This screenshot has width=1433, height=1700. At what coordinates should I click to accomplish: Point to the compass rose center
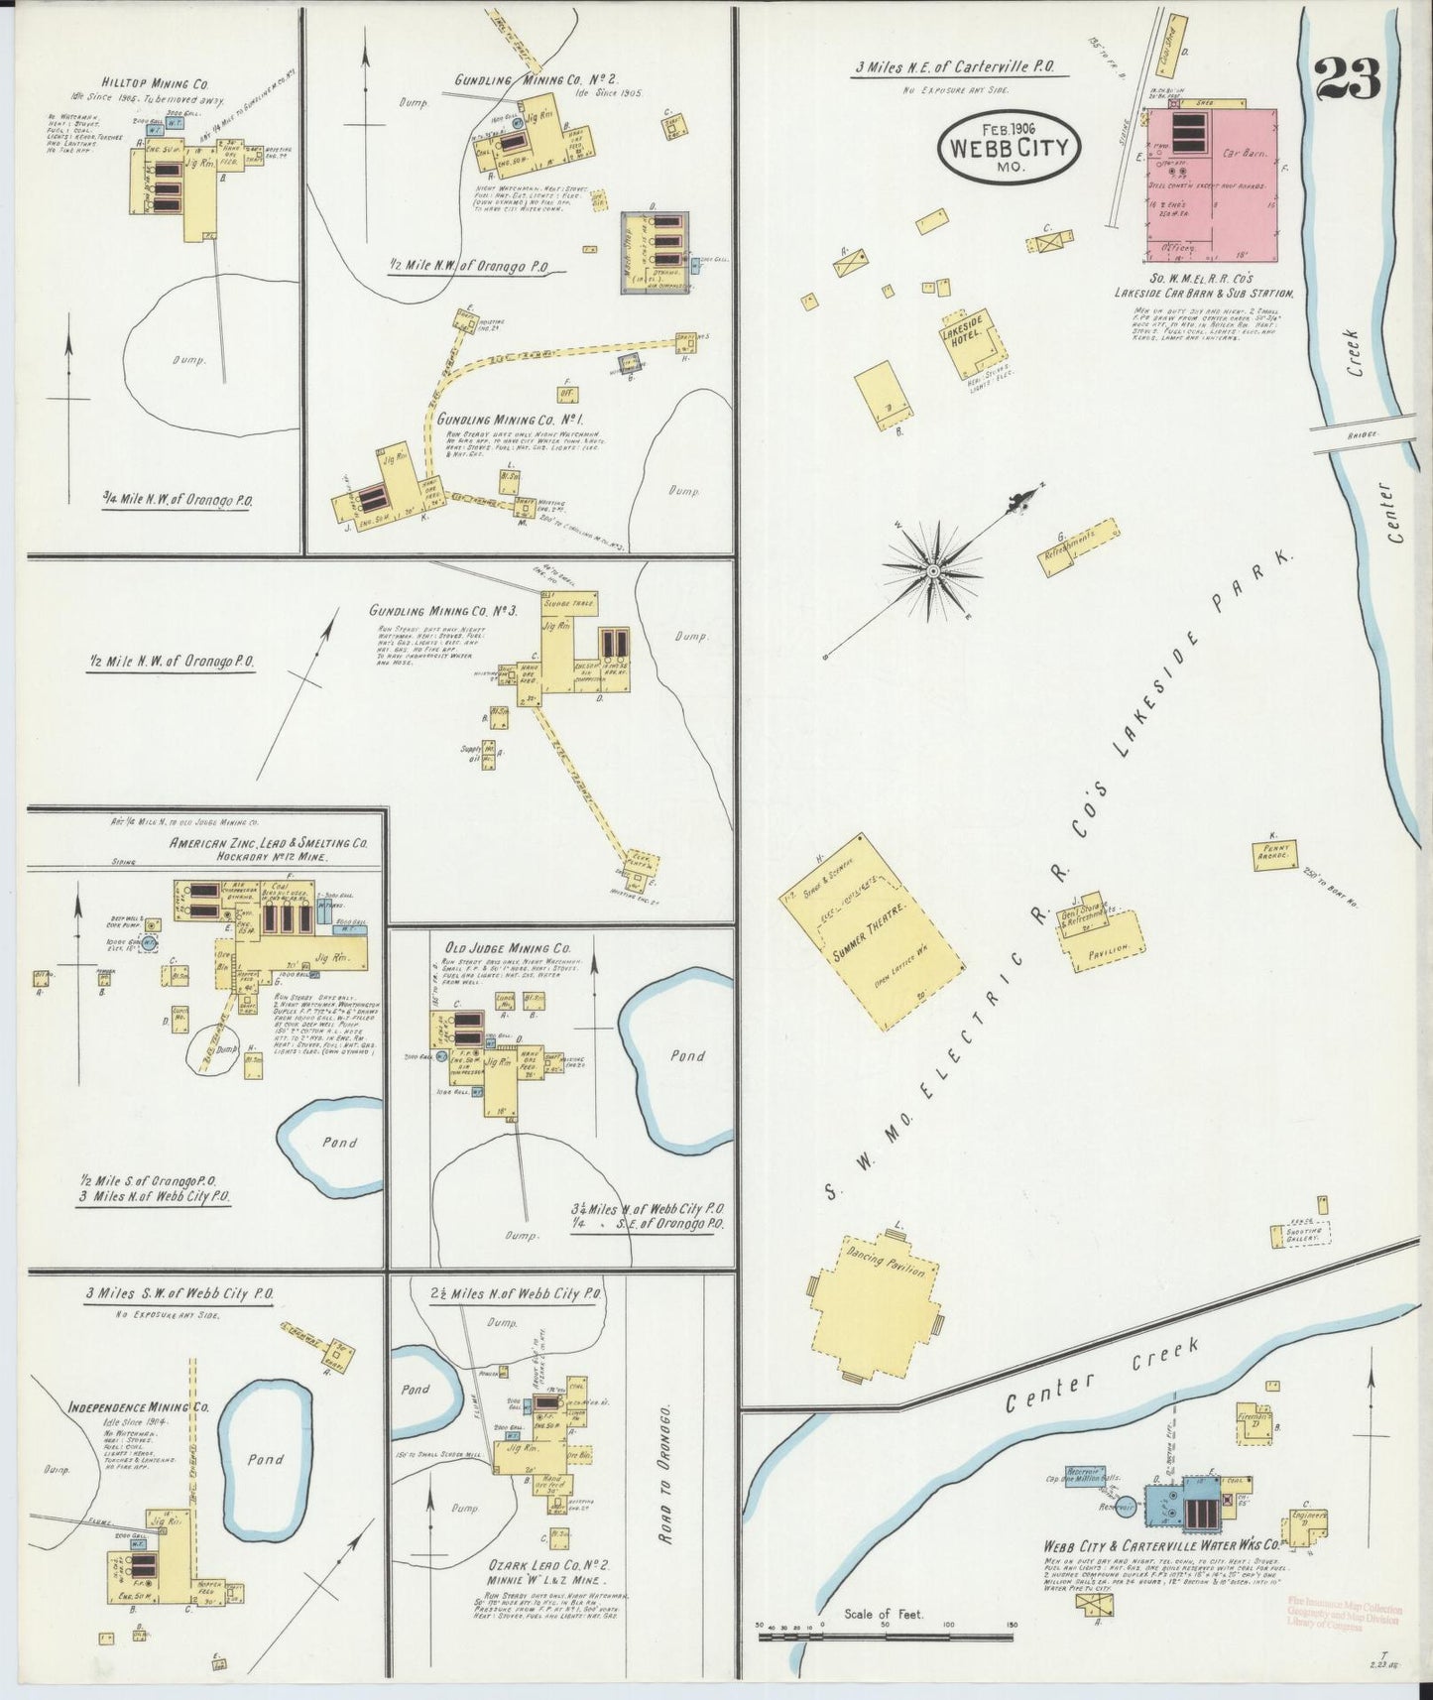(x=932, y=571)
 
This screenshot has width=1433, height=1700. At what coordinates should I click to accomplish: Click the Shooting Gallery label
(x=1300, y=1235)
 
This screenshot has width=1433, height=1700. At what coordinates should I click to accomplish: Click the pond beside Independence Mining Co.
(x=265, y=1459)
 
